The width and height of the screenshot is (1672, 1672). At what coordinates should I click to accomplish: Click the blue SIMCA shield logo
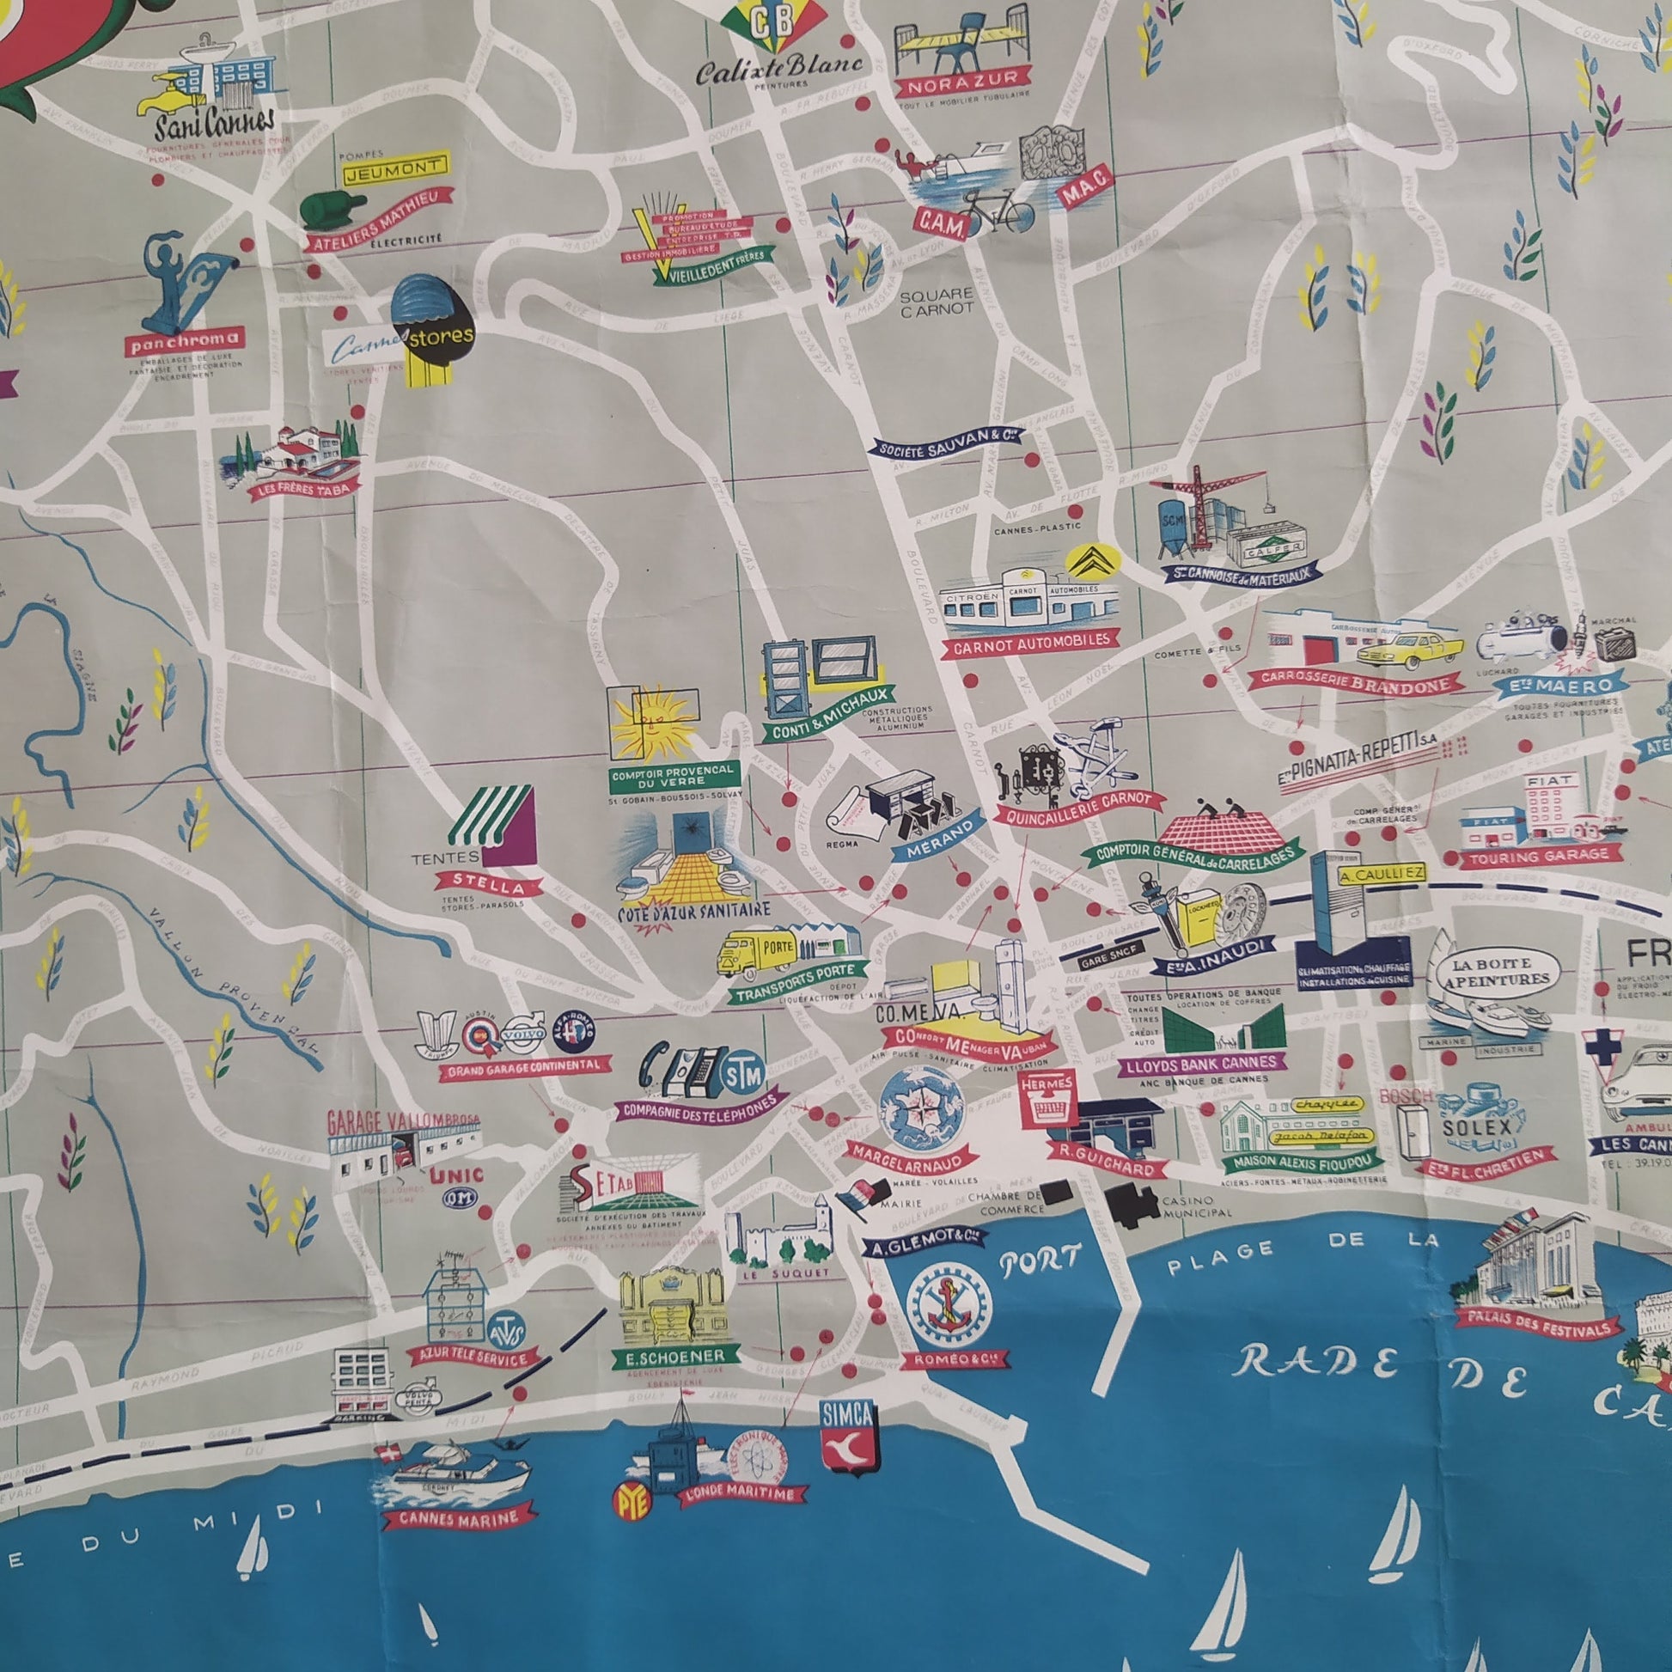pos(848,1437)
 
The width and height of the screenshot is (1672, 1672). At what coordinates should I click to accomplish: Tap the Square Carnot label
pos(937,302)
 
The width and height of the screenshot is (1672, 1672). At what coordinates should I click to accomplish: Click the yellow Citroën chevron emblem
pos(1092,564)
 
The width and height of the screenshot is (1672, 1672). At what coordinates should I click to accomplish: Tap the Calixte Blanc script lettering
pos(778,67)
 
